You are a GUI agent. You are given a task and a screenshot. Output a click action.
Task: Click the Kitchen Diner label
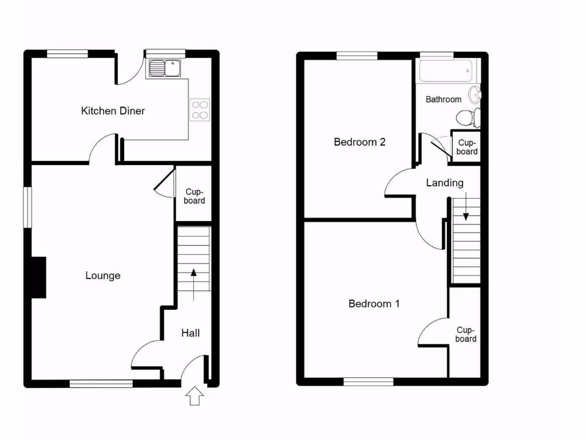pos(113,111)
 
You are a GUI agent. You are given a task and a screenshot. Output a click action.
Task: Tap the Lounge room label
pos(103,276)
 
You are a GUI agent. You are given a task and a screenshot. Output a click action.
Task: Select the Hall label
pos(191,332)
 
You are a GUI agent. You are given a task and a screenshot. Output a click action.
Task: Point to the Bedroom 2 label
pos(359,142)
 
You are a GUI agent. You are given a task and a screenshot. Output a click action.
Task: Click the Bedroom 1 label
pos(374,304)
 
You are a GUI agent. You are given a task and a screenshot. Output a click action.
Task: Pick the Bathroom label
pos(444,99)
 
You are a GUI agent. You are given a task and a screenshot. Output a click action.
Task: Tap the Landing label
pos(445,183)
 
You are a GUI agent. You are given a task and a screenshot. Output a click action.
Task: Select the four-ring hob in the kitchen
pos(200,109)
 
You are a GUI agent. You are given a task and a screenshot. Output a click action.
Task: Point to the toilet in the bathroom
pos(469,117)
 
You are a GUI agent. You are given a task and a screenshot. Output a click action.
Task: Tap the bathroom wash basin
pos(475,94)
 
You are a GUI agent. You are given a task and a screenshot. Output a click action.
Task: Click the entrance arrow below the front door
pos(195,395)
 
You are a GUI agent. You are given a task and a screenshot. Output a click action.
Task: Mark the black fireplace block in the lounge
pos(38,277)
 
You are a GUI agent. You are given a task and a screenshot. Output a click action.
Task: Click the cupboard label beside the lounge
pos(195,197)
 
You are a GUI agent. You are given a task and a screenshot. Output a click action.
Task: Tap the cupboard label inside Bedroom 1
pos(466,335)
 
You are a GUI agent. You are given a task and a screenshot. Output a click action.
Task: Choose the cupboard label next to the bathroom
pos(467,147)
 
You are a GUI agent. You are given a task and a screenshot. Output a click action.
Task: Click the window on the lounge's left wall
pos(27,207)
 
